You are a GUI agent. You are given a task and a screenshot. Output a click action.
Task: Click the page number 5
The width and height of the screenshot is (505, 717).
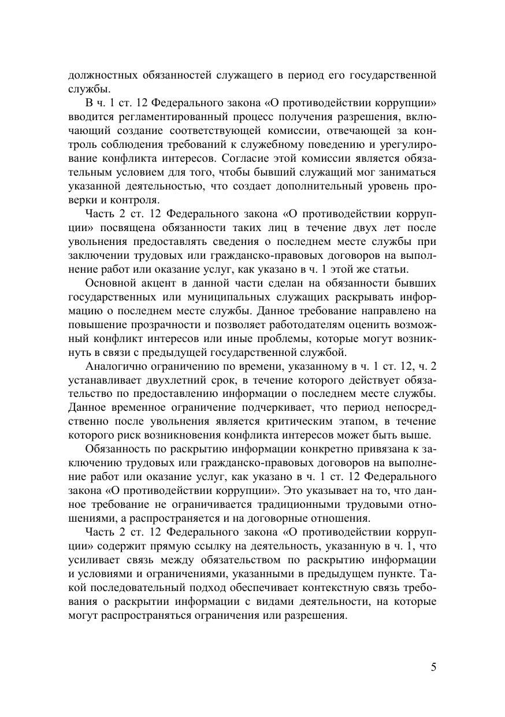point(433,667)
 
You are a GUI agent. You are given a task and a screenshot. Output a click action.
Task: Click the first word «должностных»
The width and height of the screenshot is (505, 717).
point(101,75)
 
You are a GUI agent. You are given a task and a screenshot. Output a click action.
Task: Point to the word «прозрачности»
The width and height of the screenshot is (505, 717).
point(165,325)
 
